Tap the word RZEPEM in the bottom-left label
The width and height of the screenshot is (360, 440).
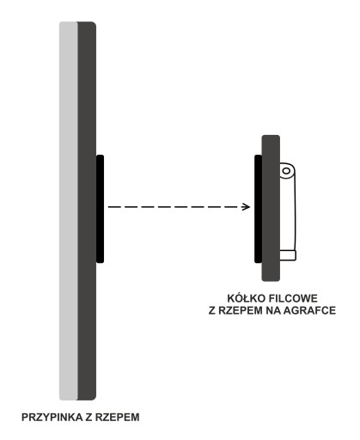click(x=118, y=417)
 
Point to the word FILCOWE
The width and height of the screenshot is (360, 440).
click(x=293, y=298)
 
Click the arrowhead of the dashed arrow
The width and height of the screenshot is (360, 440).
click(x=246, y=206)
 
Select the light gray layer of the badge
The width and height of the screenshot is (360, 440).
click(x=69, y=211)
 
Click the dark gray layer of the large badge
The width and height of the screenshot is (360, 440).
click(x=87, y=211)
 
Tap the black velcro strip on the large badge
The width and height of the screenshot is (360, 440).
click(x=100, y=209)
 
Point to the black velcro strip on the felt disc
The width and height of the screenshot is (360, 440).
click(x=259, y=209)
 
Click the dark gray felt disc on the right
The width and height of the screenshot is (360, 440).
click(x=271, y=208)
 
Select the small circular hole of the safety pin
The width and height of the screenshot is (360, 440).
click(x=286, y=171)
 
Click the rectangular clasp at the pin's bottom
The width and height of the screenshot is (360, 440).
click(x=288, y=255)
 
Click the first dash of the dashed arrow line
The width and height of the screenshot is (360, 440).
click(x=113, y=206)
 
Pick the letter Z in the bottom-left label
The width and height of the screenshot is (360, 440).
click(x=88, y=417)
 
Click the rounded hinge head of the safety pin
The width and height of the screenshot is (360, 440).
click(x=287, y=171)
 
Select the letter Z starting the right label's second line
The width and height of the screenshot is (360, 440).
click(x=212, y=310)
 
